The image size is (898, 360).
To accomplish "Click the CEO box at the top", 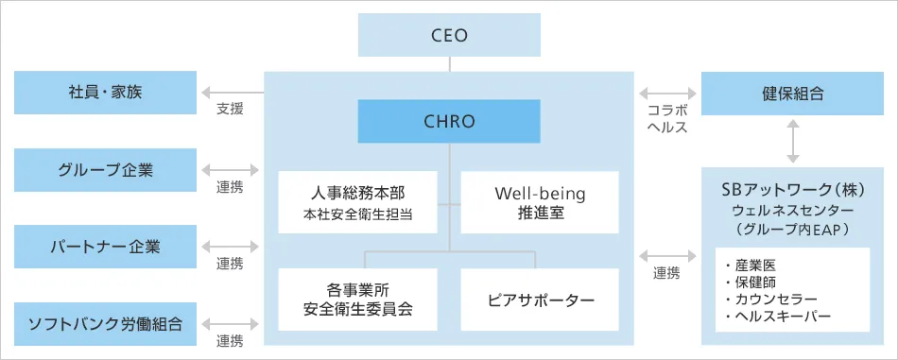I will click(449, 36).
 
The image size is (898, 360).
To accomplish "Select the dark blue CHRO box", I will click(449, 121).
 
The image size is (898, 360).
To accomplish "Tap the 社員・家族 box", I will click(106, 93).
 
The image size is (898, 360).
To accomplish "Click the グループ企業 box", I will click(106, 170).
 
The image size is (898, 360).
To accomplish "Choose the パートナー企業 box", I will click(106, 247).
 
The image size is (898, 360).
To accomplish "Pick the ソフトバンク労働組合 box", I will click(106, 324).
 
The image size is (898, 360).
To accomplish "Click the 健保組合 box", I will click(792, 93).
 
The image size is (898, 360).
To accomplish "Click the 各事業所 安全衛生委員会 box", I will click(358, 299).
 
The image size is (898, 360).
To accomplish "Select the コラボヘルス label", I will click(666, 118).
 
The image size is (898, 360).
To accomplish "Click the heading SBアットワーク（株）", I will click(792, 190).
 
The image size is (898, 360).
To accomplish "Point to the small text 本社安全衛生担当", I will click(358, 214).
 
